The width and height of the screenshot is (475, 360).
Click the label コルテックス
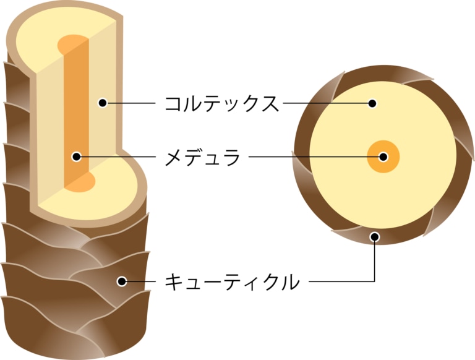[x=221, y=103]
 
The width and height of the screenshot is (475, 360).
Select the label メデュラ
[x=202, y=157]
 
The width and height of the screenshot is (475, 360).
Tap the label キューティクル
[x=232, y=282]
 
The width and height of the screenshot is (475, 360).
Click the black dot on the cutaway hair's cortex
[x=103, y=103]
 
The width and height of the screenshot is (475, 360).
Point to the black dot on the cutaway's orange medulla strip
[x=77, y=157]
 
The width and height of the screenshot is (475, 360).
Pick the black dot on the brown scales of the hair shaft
[x=122, y=282]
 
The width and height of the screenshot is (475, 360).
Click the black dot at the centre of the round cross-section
[x=383, y=157]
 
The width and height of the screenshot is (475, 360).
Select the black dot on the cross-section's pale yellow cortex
[x=372, y=103]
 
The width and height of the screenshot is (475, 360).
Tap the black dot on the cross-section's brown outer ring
[x=375, y=236]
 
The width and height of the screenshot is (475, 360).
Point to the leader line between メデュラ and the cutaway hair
[x=118, y=157]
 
